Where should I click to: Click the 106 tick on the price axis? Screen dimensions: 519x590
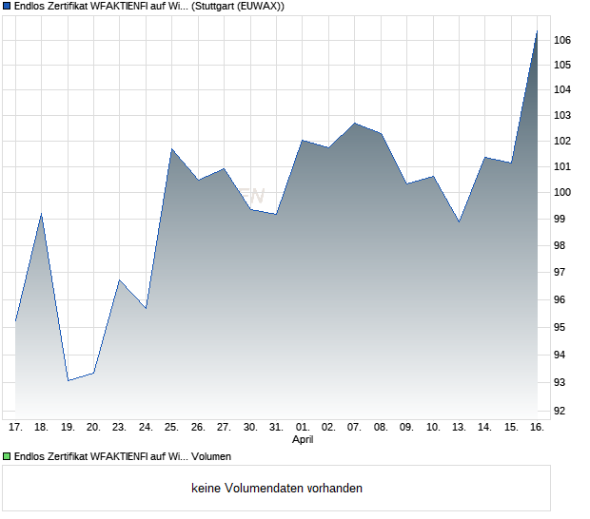pyautogui.click(x=562, y=40)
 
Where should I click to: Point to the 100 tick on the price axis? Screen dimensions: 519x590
pyautogui.click(x=562, y=192)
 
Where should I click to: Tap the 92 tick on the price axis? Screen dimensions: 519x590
pyautogui.click(x=562, y=411)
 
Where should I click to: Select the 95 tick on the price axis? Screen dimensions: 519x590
pyautogui.click(x=562, y=327)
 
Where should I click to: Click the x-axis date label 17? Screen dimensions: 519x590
pyautogui.click(x=15, y=428)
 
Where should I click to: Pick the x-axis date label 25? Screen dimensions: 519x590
pyautogui.click(x=171, y=428)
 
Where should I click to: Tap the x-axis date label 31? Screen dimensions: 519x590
pyautogui.click(x=276, y=428)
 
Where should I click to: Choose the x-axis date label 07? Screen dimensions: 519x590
pyautogui.click(x=354, y=428)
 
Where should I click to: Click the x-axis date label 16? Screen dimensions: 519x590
pyautogui.click(x=537, y=428)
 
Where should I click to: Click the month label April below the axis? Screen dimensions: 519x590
pyautogui.click(x=302, y=440)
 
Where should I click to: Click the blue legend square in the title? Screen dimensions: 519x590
pyautogui.click(x=7, y=6)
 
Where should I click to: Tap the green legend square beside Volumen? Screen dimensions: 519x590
pyautogui.click(x=7, y=457)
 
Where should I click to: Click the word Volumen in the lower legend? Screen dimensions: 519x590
pyautogui.click(x=211, y=457)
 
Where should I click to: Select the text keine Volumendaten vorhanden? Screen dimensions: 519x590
pyautogui.click(x=277, y=489)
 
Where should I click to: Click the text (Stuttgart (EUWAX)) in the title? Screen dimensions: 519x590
pyautogui.click(x=237, y=6)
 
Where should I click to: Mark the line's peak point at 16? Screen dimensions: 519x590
pyautogui.click(x=537, y=30)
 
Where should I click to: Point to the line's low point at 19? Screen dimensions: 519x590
pyautogui.click(x=68, y=380)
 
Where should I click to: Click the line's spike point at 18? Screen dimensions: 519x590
pyautogui.click(x=41, y=214)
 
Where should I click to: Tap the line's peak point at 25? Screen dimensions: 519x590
pyautogui.click(x=171, y=148)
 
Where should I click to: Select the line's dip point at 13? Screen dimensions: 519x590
pyautogui.click(x=459, y=222)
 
